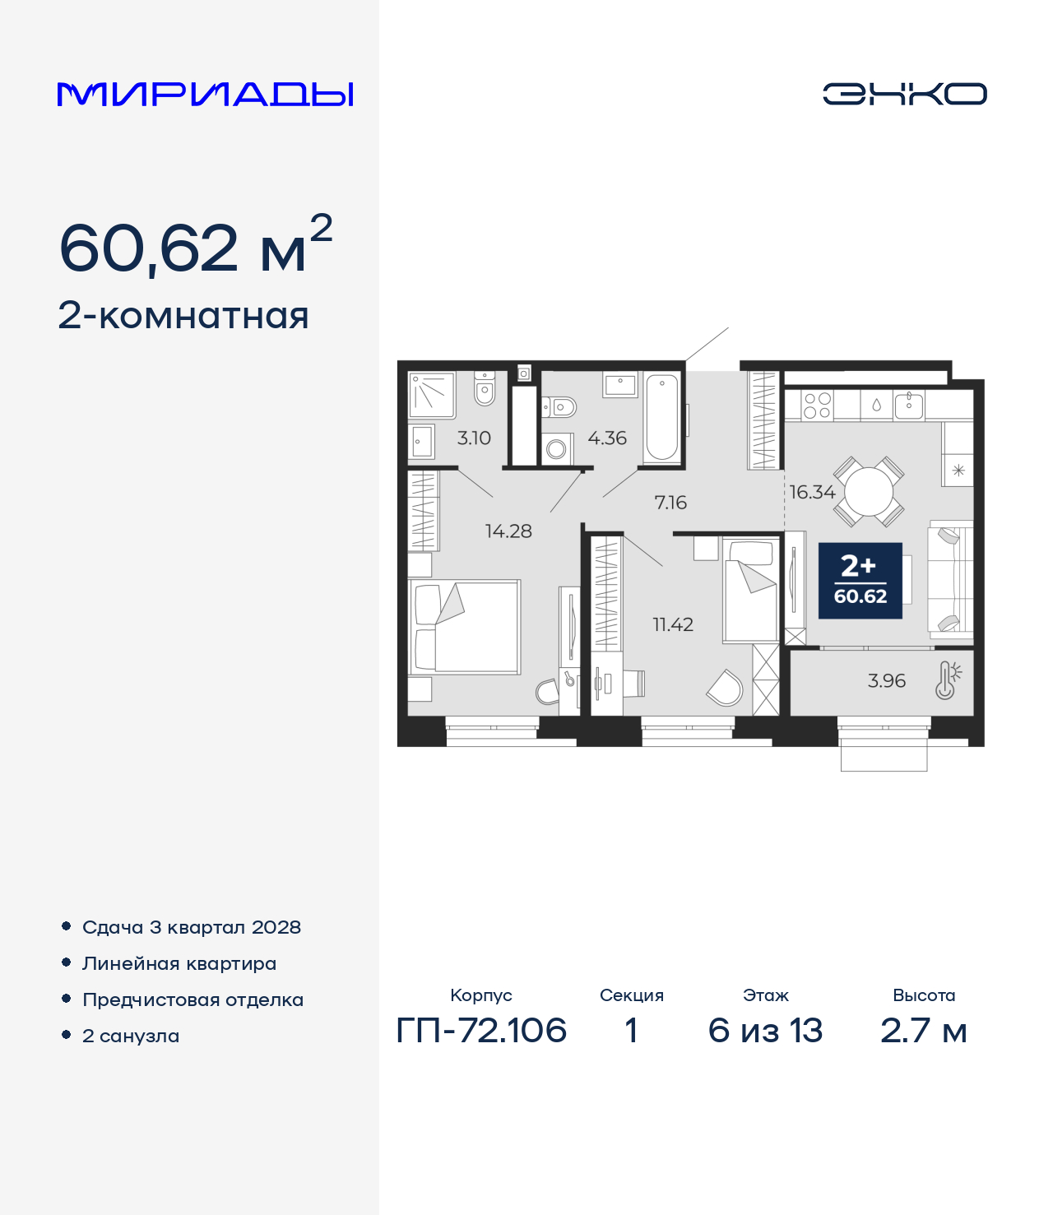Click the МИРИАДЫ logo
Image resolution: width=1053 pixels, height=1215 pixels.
pos(205,94)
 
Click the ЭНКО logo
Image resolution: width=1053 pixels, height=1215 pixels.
pos(904,94)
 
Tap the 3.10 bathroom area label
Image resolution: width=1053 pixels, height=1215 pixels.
pos(474,438)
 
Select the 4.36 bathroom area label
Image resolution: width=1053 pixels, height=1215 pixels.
pos(607,438)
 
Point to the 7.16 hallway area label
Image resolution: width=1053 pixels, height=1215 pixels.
pos(670,503)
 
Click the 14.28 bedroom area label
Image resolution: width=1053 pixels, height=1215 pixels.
pos(508,531)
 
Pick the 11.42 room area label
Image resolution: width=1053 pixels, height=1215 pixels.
pos(673,624)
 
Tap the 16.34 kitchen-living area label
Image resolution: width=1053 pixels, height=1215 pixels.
pos(812,492)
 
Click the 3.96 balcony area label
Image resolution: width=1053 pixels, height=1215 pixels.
pos(887,680)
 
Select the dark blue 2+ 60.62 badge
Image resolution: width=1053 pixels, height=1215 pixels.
pos(860,581)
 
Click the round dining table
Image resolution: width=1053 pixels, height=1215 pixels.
pos(869,491)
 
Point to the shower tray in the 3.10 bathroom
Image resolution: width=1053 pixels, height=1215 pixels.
pos(432,395)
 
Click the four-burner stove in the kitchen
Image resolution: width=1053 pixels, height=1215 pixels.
pos(817,405)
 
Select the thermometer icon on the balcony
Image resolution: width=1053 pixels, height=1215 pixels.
pos(948,680)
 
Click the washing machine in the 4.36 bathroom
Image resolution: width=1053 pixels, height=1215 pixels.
pos(556,450)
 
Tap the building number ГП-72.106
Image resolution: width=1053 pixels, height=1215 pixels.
pos(481,1031)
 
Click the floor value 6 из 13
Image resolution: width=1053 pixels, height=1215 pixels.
pos(765,1031)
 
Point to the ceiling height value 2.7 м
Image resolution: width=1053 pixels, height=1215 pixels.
pos(924,1031)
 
